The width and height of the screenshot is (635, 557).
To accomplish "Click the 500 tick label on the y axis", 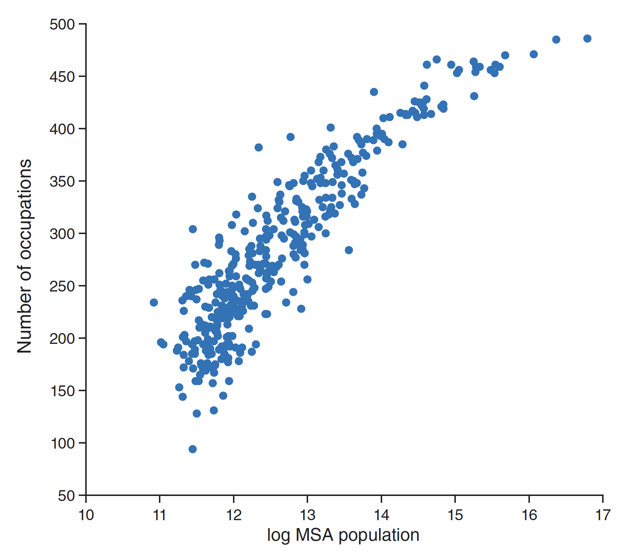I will (x=62, y=25).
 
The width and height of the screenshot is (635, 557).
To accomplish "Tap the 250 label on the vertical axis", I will (x=62, y=286).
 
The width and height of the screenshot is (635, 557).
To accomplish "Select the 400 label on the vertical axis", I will (x=62, y=129).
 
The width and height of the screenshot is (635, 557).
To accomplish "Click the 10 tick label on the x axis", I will (x=86, y=515).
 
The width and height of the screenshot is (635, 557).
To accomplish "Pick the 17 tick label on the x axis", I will (x=602, y=515).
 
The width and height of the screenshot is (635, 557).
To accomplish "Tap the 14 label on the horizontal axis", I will (x=381, y=515).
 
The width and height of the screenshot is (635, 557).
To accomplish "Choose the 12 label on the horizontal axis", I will (x=234, y=515).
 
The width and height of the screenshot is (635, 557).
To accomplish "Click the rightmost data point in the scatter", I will (x=587, y=39).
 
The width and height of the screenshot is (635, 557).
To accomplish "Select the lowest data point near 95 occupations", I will (x=193, y=449).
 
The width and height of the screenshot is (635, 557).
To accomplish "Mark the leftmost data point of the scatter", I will (x=154, y=302).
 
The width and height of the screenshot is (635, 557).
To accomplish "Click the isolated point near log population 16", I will (x=534, y=54).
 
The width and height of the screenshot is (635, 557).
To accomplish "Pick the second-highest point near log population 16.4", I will (x=556, y=39).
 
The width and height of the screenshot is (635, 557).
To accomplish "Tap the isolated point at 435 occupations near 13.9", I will (x=374, y=92).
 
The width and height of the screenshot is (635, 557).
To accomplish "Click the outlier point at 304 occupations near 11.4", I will (x=193, y=229).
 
